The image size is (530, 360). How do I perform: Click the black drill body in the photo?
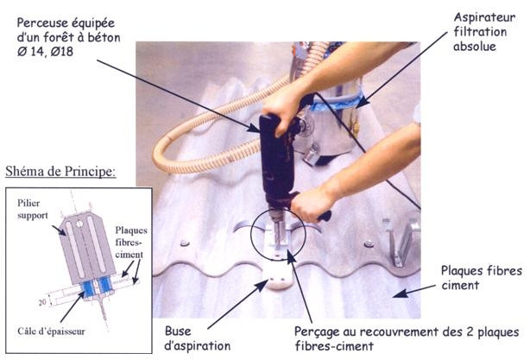coord(277,160)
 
